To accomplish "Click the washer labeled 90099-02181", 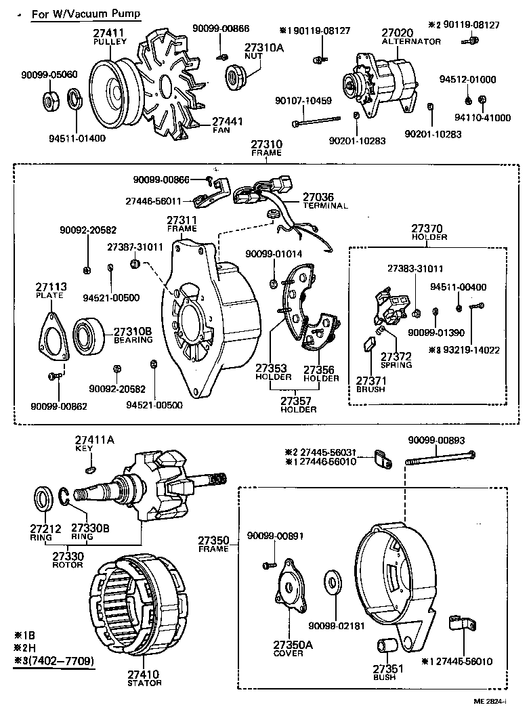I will [x=333, y=580].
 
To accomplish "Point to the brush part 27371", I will [x=370, y=345].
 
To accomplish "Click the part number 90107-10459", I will [x=303, y=101].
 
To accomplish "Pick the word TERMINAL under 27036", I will [x=325, y=205].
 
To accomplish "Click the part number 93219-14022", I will [x=473, y=350].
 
